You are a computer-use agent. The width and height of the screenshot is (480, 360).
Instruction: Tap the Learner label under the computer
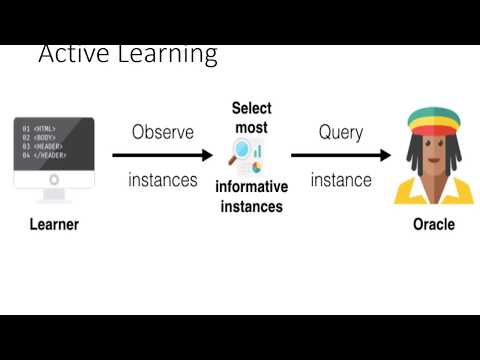coord(47,224)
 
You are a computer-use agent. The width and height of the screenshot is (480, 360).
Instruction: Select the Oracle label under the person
coord(433,224)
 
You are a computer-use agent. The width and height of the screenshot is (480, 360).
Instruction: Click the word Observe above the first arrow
coord(162,132)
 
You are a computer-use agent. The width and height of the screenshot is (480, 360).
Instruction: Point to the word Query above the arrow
coord(340,132)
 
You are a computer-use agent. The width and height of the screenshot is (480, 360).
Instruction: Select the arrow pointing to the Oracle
coord(340,155)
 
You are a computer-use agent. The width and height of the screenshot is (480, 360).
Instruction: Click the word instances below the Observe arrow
coord(162,181)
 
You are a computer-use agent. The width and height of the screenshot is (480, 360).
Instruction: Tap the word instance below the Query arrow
coord(341,181)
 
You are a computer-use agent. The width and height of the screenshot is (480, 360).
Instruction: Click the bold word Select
coord(251,108)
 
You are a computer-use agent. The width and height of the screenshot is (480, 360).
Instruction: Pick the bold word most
coord(251,128)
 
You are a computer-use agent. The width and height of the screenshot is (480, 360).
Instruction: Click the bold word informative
coord(251,187)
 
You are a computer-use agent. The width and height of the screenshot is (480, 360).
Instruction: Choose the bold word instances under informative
coord(251,207)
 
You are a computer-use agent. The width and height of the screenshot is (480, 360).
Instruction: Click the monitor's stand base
coord(54,197)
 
